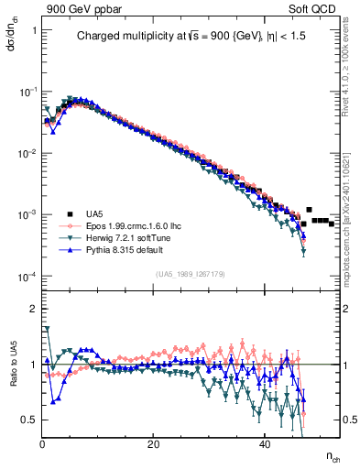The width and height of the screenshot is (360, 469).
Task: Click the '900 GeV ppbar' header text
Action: (x=79, y=7)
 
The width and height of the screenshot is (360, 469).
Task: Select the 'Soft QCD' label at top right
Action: (x=311, y=7)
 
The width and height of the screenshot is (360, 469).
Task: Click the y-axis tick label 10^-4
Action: (x=27, y=277)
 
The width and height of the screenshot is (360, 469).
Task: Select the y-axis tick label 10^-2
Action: (x=27, y=153)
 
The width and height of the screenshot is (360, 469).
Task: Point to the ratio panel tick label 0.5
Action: (x=29, y=420)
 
